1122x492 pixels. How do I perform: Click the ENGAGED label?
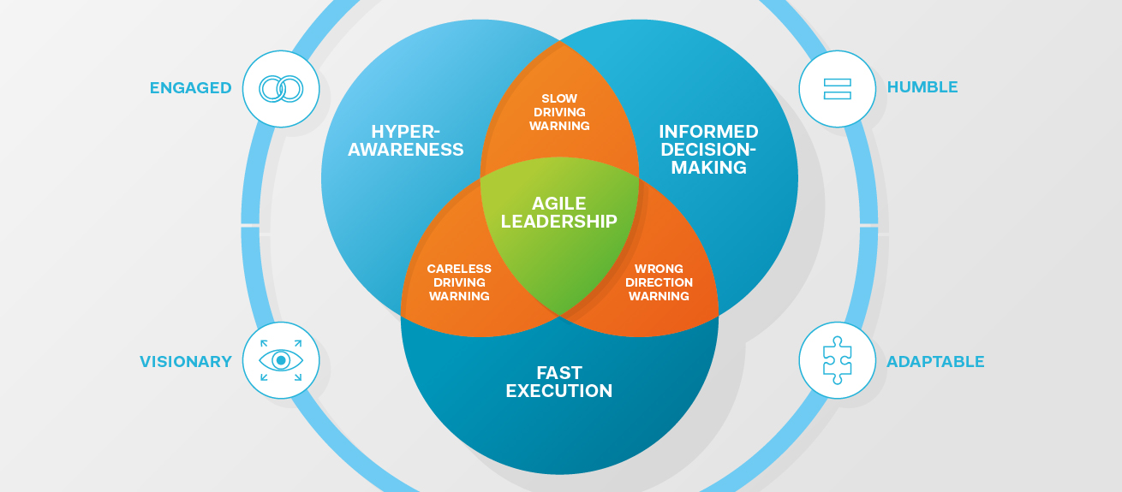[x=191, y=88]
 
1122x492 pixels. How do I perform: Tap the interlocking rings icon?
[x=281, y=89]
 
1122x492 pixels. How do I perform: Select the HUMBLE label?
[x=922, y=87]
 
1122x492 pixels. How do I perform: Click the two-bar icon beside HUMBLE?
[x=837, y=89]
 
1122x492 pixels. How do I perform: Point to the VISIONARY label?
[x=186, y=361]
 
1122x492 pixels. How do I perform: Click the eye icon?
[x=281, y=360]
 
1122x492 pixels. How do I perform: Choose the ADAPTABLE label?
[x=935, y=361]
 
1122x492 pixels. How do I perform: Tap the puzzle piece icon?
[x=837, y=360]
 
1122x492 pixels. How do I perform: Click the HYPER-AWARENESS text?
[x=406, y=140]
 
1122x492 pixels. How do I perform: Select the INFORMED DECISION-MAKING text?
[x=708, y=150]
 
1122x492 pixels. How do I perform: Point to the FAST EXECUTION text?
[x=559, y=382]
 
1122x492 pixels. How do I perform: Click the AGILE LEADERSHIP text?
[x=559, y=212]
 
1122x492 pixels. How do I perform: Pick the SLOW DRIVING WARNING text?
[x=559, y=112]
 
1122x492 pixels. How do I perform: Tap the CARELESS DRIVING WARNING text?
[x=459, y=282]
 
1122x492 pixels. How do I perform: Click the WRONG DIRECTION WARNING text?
[x=659, y=282]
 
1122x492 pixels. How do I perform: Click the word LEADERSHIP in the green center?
[x=559, y=222]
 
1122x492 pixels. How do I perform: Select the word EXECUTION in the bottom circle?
[x=559, y=391]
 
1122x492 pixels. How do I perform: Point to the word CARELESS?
[x=459, y=269]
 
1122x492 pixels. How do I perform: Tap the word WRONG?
[x=659, y=269]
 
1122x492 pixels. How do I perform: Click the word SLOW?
[x=559, y=98]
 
